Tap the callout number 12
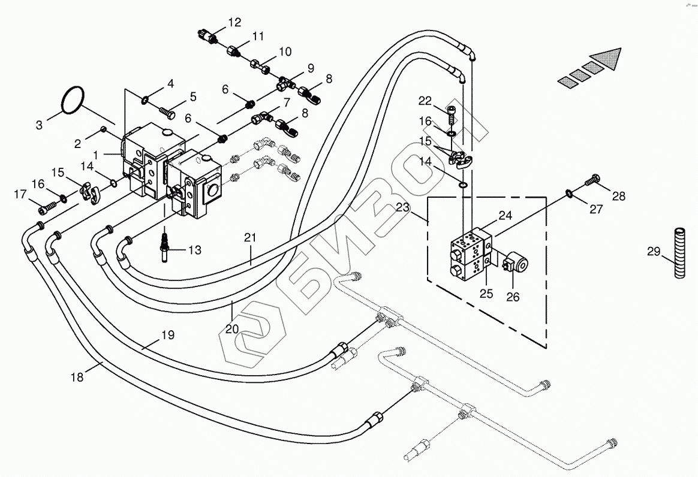(234, 23)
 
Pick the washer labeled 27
(567, 192)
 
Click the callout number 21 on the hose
(249, 238)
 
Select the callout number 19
(168, 336)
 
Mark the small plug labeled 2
(103, 129)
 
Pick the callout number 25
(486, 294)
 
